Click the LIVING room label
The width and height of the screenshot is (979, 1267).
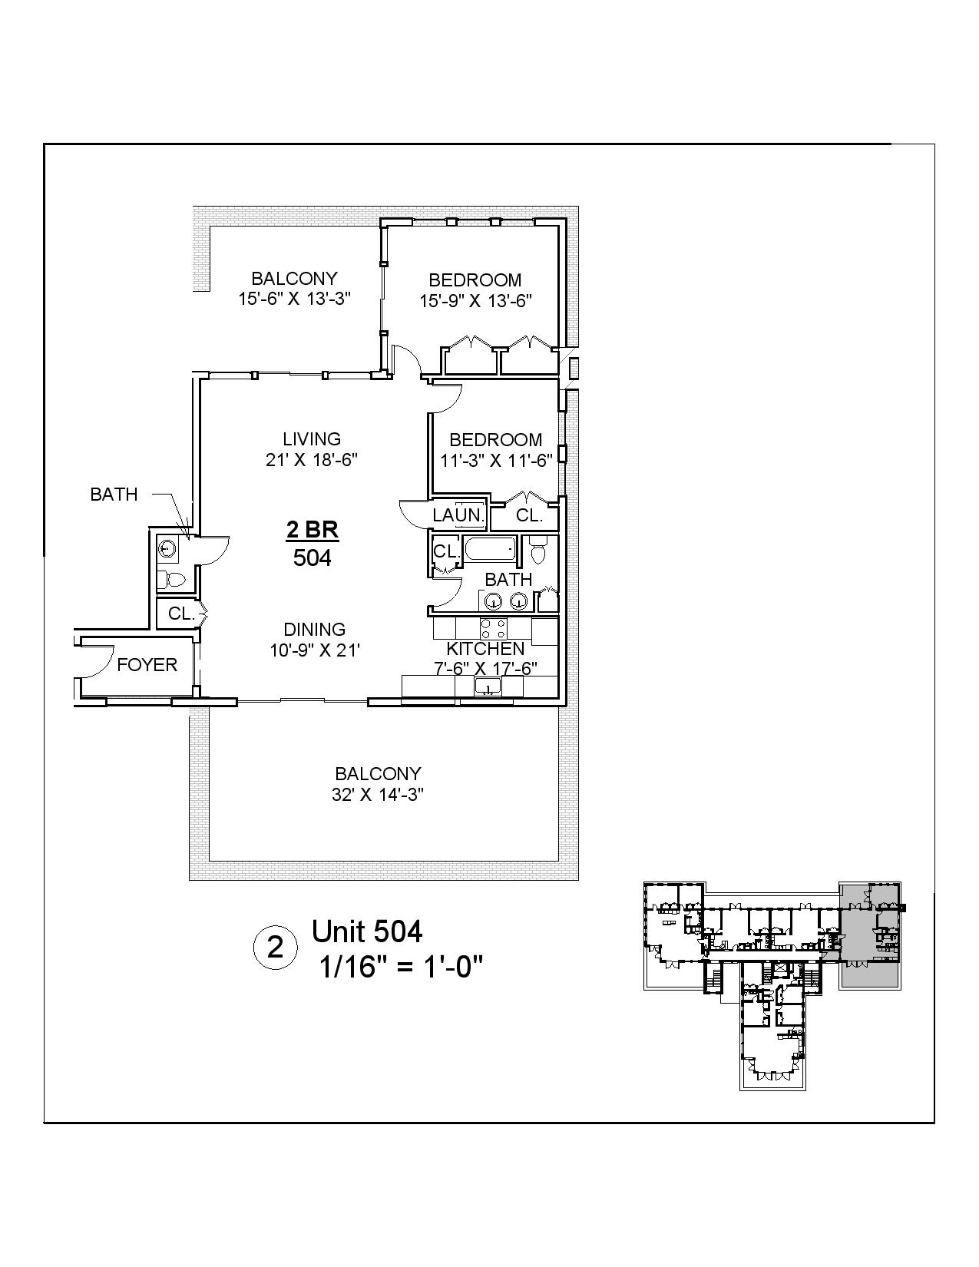[311, 439]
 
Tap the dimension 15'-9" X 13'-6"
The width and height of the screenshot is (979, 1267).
[475, 301]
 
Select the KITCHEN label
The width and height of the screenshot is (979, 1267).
[485, 649]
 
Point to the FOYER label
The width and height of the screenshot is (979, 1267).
[147, 665]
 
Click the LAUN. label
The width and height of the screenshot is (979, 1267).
[458, 515]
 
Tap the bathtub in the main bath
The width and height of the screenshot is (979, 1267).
[491, 551]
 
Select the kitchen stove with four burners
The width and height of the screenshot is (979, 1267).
[492, 629]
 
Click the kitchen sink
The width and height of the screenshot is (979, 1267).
[487, 686]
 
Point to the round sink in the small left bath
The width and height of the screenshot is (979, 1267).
[167, 548]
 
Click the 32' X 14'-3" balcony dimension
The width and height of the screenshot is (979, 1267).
[378, 795]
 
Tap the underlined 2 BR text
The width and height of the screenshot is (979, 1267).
[312, 530]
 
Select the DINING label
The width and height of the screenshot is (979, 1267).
[314, 630]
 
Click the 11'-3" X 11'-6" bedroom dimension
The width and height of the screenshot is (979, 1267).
[496, 461]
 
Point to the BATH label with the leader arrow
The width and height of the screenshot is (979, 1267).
[114, 495]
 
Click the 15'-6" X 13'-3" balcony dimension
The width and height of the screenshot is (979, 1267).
[294, 299]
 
